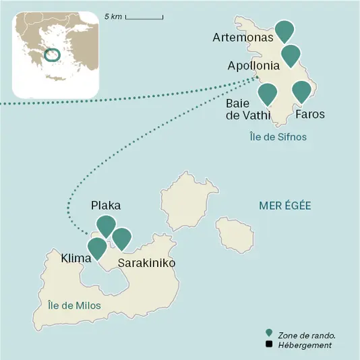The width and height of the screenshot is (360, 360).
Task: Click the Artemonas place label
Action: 243,38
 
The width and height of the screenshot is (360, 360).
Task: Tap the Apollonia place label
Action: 253,66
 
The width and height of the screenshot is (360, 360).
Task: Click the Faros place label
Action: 310,115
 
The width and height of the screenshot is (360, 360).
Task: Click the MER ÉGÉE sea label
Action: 285,205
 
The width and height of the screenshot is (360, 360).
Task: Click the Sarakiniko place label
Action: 146,263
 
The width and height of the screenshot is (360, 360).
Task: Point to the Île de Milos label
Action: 74,305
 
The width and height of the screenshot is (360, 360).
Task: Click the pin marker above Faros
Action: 301,91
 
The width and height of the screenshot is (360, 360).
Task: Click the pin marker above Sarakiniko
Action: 121,237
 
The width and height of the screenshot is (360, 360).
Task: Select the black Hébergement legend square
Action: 269,344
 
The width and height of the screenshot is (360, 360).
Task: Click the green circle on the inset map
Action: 51,54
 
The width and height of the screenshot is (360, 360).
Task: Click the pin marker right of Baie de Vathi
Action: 268,93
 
